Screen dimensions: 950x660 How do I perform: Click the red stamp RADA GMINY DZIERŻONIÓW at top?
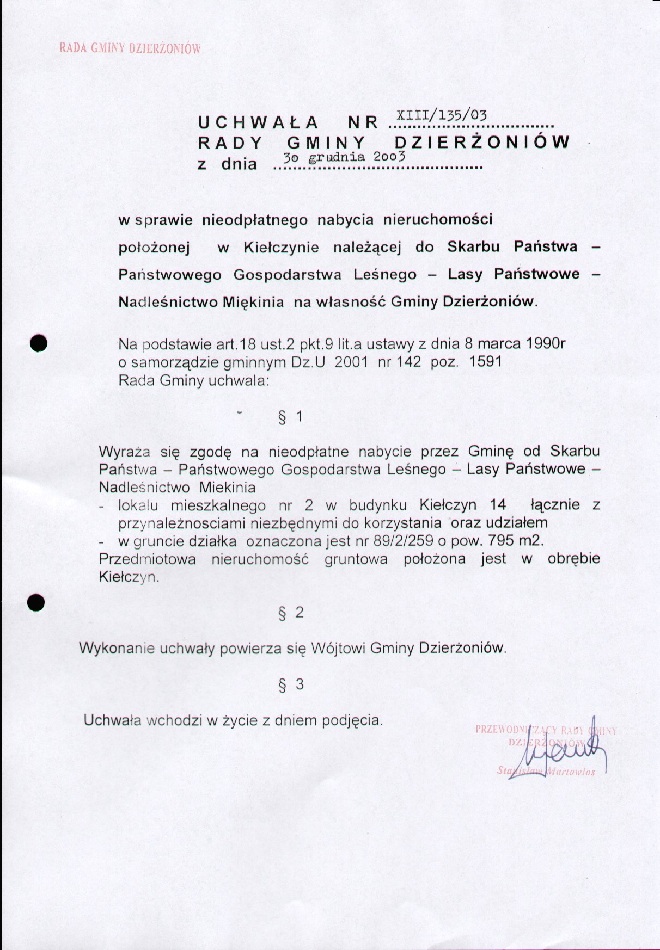click(x=130, y=48)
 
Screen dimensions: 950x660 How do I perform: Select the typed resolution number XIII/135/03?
click(x=441, y=115)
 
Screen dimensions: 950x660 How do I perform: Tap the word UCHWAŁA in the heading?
click(x=258, y=122)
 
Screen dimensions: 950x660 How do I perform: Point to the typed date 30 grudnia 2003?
click(x=344, y=157)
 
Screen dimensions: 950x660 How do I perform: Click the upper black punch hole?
click(x=39, y=343)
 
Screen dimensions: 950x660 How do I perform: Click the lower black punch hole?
click(x=36, y=603)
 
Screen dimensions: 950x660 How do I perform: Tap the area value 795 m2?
click(x=516, y=541)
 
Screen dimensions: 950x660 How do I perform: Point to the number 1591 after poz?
click(x=485, y=362)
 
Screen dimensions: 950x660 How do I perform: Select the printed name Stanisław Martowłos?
click(x=546, y=771)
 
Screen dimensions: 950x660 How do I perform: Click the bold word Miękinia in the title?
click(x=253, y=302)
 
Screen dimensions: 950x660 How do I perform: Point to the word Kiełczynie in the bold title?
click(x=281, y=248)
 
